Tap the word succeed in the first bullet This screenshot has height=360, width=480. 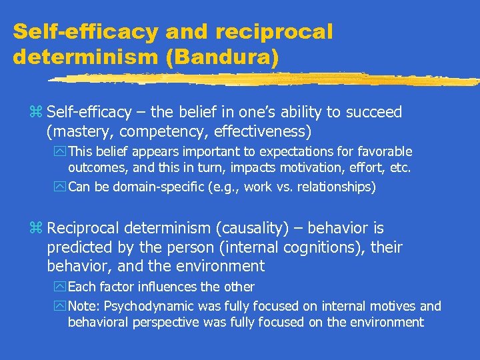(375, 112)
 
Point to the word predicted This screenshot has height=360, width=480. (79, 248)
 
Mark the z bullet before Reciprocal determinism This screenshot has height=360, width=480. (37, 229)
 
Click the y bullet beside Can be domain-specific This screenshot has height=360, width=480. (62, 187)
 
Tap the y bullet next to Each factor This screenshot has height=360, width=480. (62, 287)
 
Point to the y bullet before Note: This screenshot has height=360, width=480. (62, 307)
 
